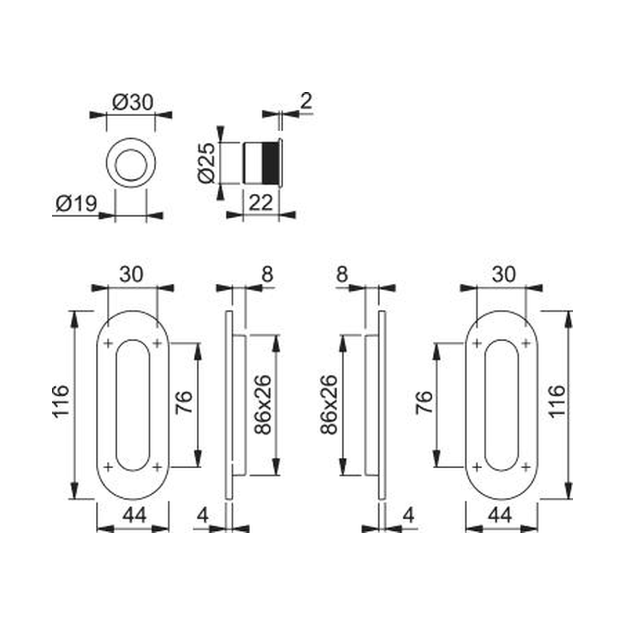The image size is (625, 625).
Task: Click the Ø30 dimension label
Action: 133,103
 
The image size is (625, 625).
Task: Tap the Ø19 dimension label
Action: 77,204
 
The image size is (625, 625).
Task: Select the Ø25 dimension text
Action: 207,163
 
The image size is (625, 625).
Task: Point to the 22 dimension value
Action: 261,204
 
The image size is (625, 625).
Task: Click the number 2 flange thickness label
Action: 306,102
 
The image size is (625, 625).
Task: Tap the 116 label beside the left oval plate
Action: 61,401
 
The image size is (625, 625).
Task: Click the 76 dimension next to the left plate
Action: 184,402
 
